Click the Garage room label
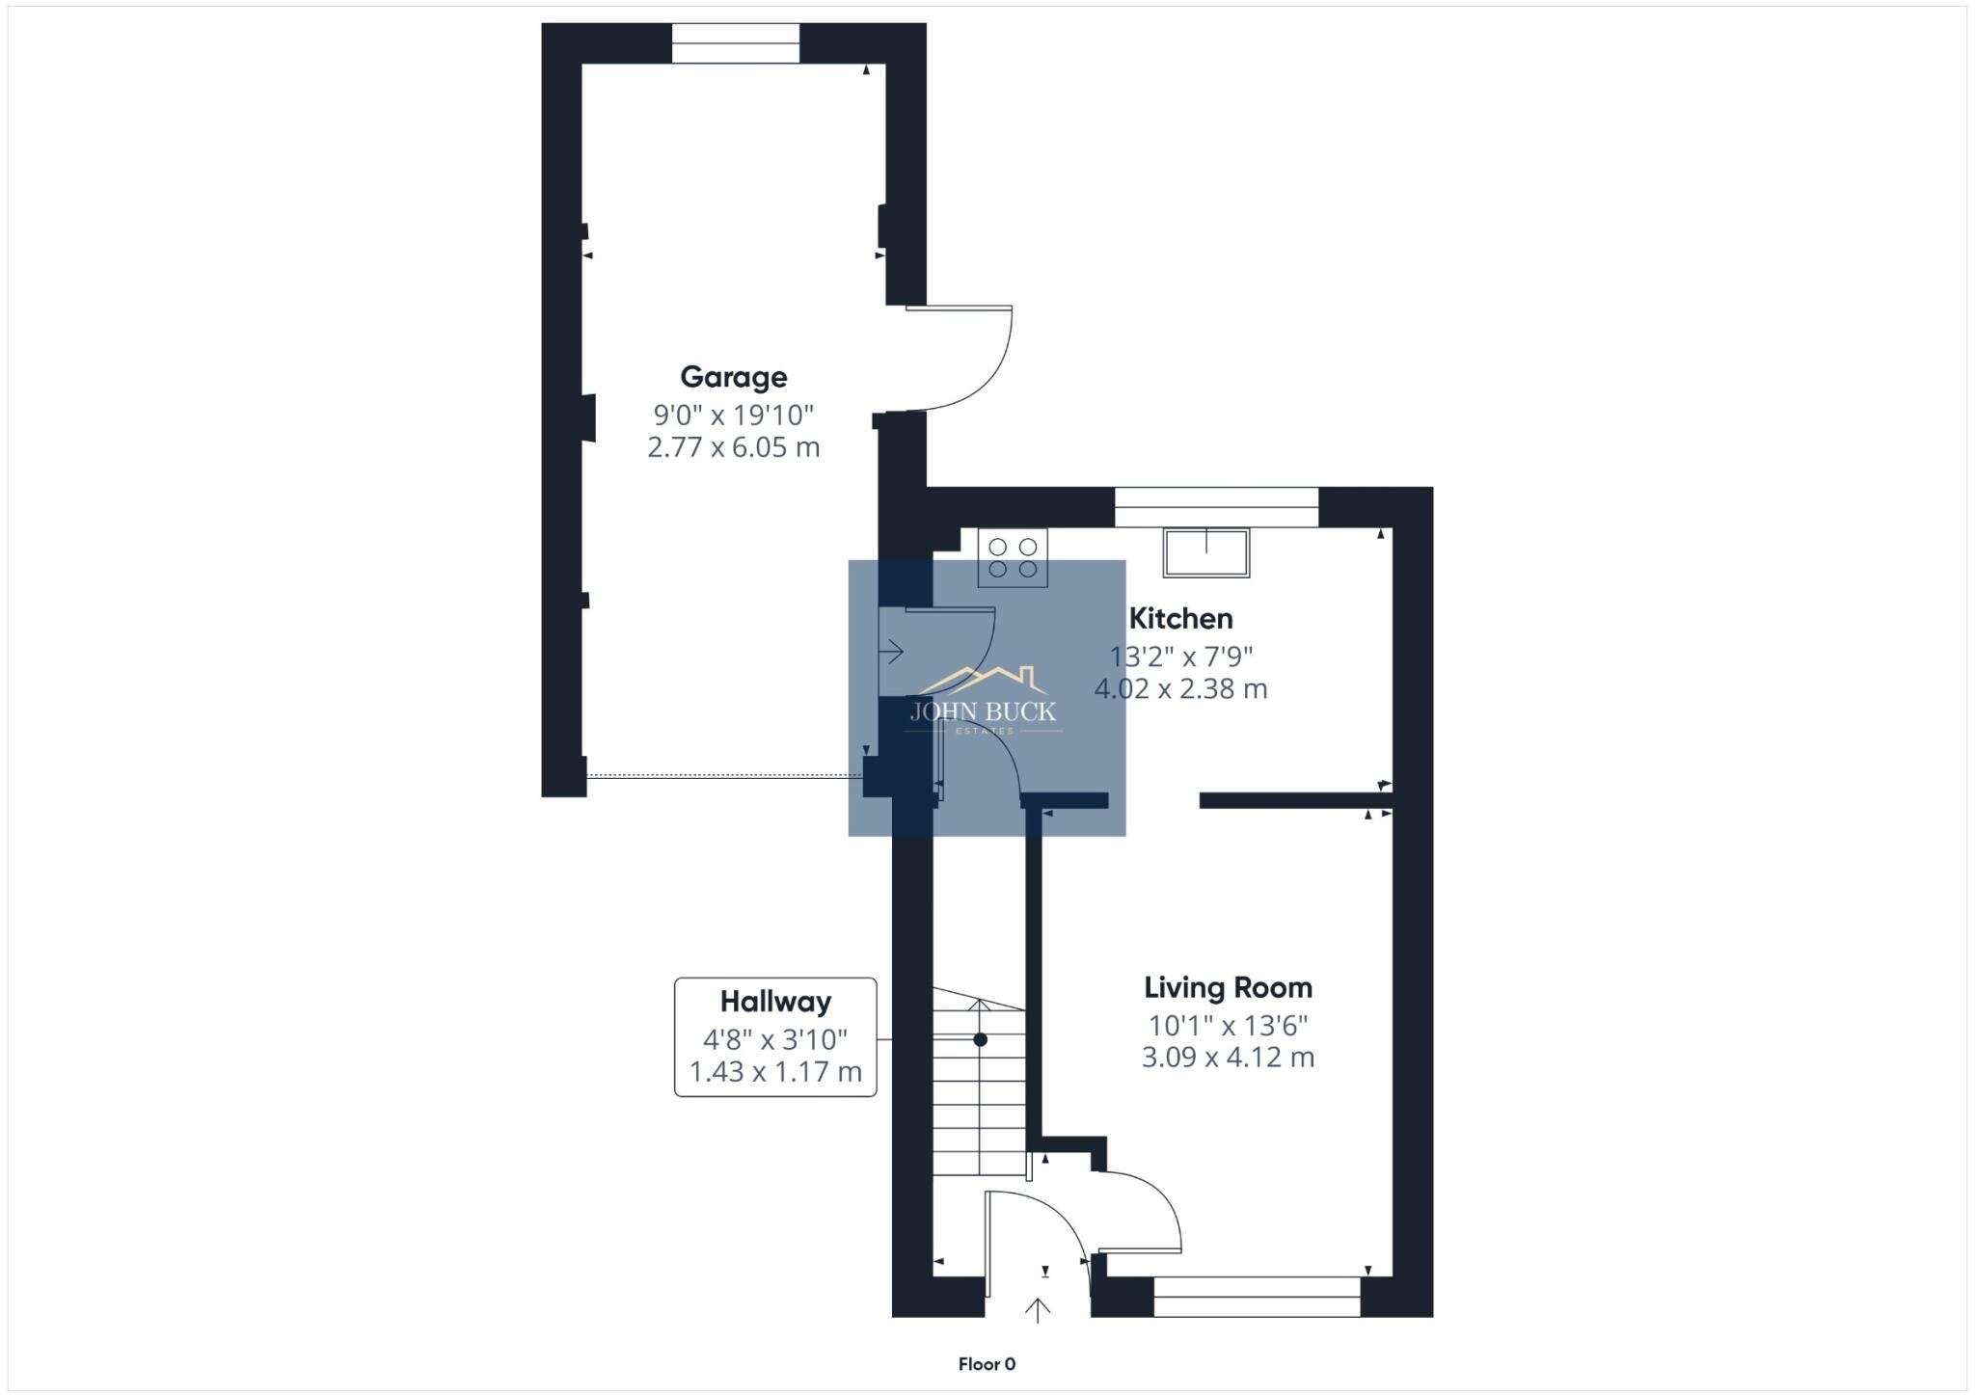[733, 377]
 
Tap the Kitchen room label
[1180, 618]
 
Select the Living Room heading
[1228, 987]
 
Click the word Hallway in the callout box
[775, 1002]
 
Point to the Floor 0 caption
[987, 1364]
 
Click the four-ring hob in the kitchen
[1013, 557]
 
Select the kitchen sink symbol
[1205, 552]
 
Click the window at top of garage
[735, 43]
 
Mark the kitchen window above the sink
[1215, 507]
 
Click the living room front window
[1257, 1296]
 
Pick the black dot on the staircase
[980, 1040]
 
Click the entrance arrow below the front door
[1038, 1309]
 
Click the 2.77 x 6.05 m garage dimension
[733, 447]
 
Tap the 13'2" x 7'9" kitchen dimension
[1180, 657]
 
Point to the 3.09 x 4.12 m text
[1228, 1058]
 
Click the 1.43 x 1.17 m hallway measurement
[775, 1072]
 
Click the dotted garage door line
[723, 775]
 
